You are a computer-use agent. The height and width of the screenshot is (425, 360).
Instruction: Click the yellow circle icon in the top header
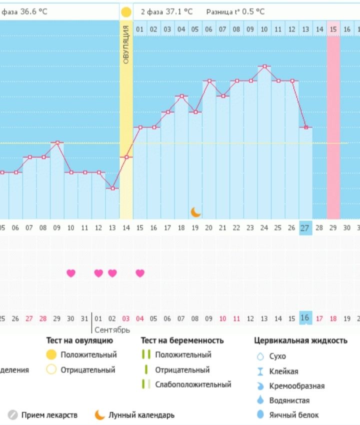pyautogui.click(x=126, y=12)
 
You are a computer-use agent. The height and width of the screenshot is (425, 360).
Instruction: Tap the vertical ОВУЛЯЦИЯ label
pyautogui.click(x=126, y=44)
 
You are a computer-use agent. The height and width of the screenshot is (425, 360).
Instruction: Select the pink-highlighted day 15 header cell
pyautogui.click(x=333, y=29)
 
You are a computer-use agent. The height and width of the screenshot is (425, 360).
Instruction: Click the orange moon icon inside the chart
pyautogui.click(x=195, y=212)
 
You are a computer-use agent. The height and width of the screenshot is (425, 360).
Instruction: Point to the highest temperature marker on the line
pyautogui.click(x=264, y=65)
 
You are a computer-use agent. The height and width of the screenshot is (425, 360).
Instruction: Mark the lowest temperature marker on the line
pyautogui.click(x=112, y=188)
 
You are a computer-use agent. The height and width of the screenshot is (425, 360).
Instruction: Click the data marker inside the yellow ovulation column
pyautogui.click(x=126, y=157)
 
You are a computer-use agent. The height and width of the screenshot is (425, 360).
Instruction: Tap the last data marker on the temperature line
pyautogui.click(x=306, y=127)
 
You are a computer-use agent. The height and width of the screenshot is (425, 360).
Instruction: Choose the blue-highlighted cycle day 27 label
pyautogui.click(x=305, y=227)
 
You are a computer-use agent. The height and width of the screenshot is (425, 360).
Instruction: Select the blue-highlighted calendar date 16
pyautogui.click(x=305, y=318)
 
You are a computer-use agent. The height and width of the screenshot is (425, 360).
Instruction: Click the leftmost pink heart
pyautogui.click(x=71, y=273)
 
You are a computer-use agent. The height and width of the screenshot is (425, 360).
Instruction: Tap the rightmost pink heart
pyautogui.click(x=140, y=273)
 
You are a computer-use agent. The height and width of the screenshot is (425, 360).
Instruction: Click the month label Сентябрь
pyautogui.click(x=112, y=330)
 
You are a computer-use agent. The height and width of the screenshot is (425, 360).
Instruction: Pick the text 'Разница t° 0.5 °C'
pyautogui.click(x=235, y=11)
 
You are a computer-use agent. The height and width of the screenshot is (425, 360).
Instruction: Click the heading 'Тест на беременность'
pyautogui.click(x=182, y=340)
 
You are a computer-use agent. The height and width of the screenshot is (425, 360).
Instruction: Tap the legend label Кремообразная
pyautogui.click(x=297, y=386)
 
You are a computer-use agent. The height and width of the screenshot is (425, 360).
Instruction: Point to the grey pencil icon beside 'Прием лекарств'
pyautogui.click(x=13, y=415)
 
